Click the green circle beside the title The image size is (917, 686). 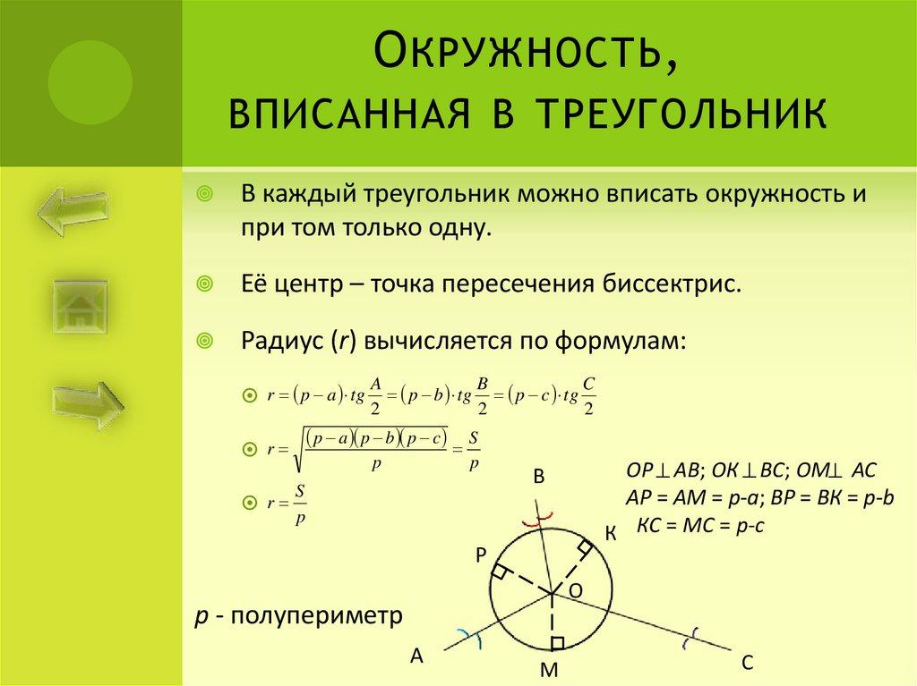[x=90, y=83]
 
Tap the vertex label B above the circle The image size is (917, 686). [x=539, y=478]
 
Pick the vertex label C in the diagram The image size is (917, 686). [x=748, y=663]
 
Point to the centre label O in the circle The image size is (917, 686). [x=576, y=590]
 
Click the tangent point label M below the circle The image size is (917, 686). [x=550, y=670]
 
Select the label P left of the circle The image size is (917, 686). [x=481, y=555]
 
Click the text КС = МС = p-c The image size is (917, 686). [x=699, y=527]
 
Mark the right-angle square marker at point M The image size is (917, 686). [x=557, y=642]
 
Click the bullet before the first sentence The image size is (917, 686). [x=205, y=194]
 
